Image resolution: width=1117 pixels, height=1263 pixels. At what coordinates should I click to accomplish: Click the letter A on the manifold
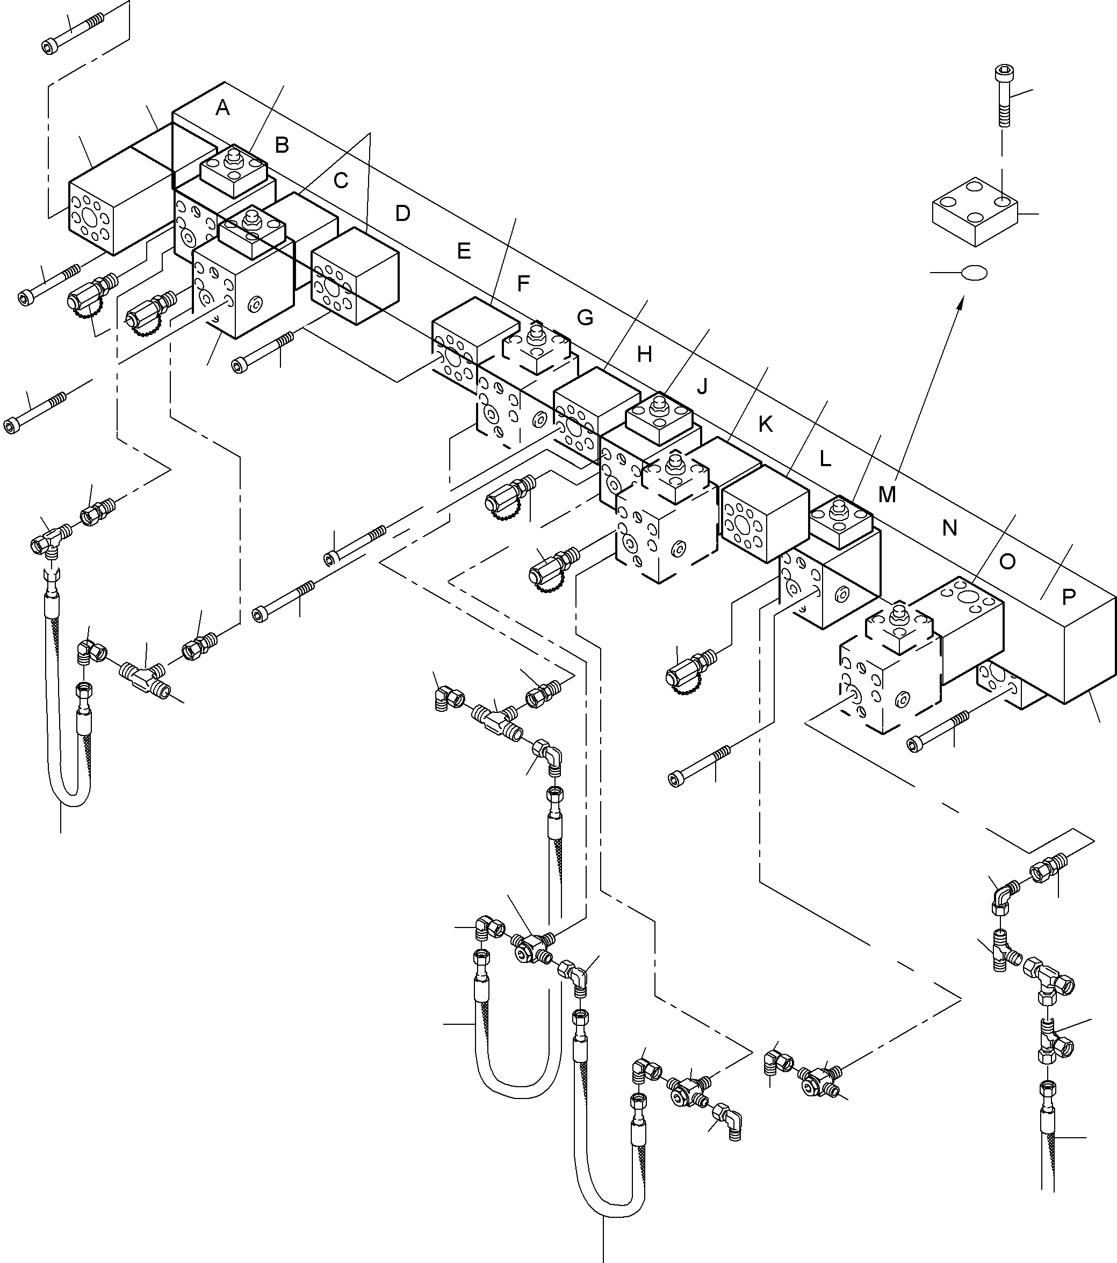point(223,109)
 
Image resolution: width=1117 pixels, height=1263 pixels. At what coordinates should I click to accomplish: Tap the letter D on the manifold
point(402,214)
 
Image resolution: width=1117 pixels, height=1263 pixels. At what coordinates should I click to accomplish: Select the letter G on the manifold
point(585,318)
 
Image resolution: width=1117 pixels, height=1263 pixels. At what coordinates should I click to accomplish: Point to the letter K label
point(765,425)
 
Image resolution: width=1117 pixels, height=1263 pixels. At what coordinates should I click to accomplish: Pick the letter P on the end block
point(1069,596)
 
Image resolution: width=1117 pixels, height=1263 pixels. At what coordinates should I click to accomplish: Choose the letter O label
point(1007,562)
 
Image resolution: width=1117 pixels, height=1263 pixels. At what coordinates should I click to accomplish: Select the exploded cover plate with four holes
point(975,211)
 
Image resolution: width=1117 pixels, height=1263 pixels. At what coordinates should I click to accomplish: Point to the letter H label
point(645,354)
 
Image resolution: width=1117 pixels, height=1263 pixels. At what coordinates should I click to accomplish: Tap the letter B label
point(282,145)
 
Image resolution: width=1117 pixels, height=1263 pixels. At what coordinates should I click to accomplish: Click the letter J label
point(702,387)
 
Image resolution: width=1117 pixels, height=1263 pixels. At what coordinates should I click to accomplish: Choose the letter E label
point(464,250)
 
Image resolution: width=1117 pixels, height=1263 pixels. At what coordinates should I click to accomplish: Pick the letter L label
point(825,459)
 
